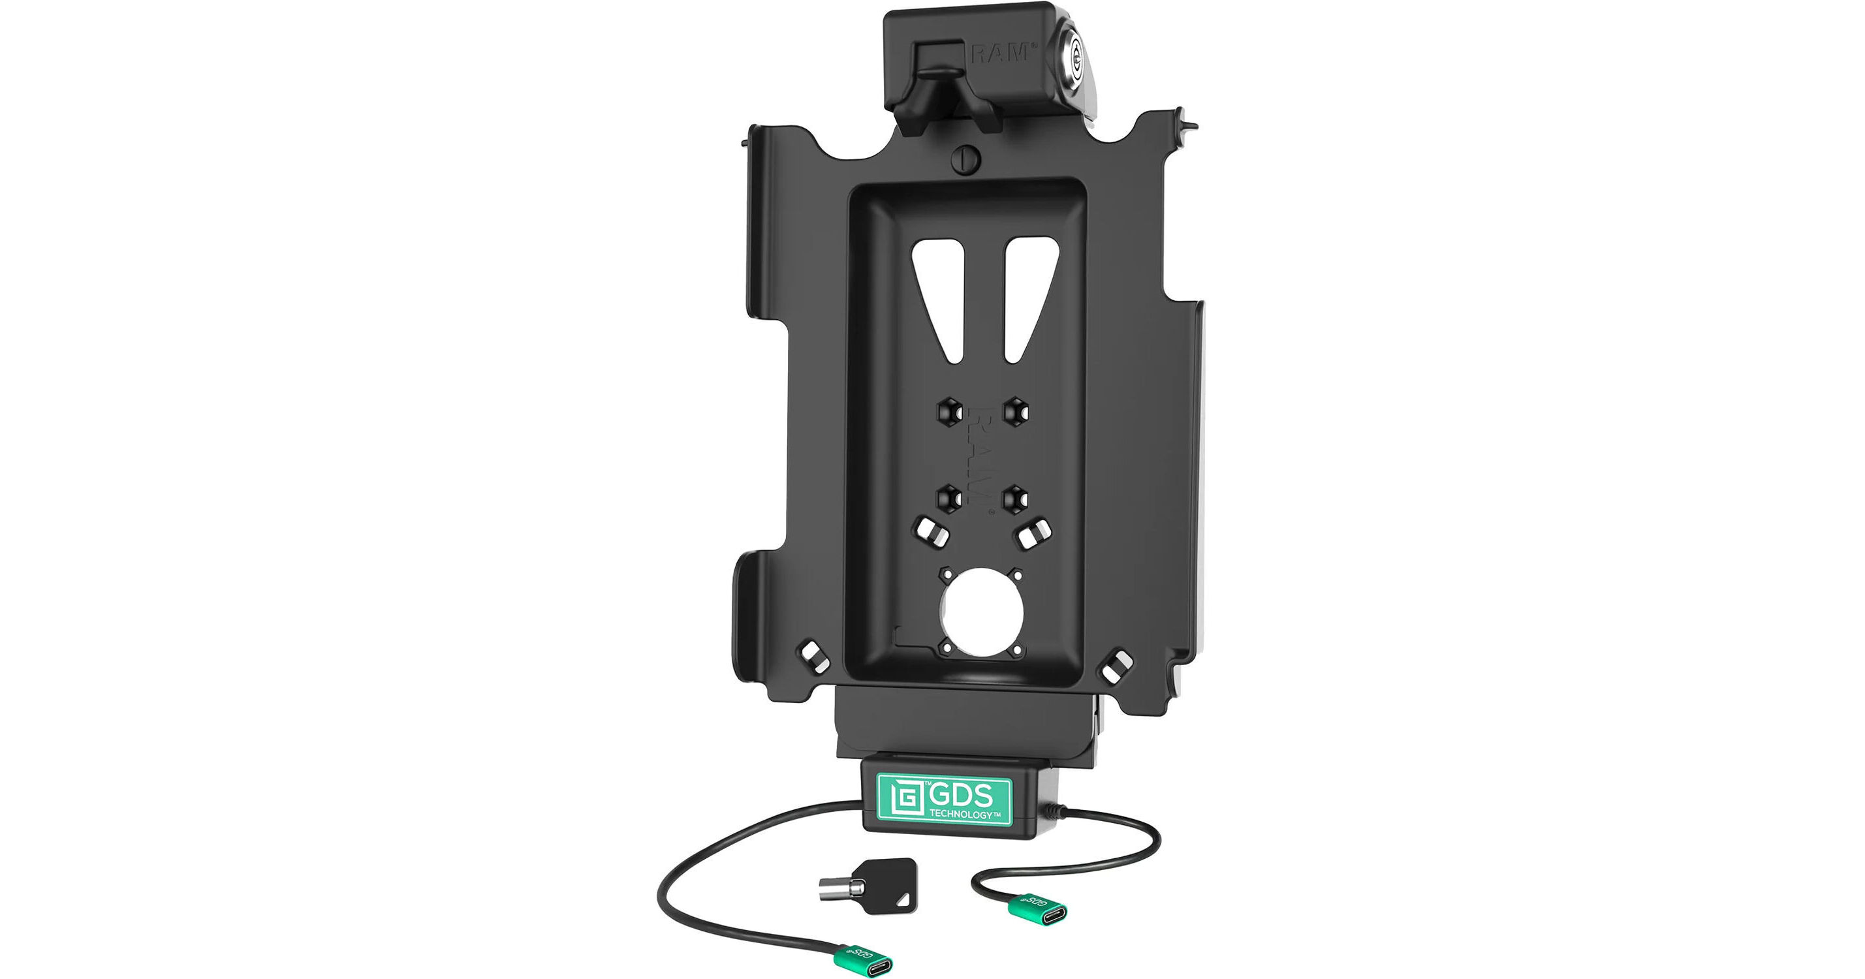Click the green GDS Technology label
point(943,800)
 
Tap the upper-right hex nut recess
point(1015,411)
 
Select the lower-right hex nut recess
point(1015,497)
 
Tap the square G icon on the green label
point(901,799)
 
